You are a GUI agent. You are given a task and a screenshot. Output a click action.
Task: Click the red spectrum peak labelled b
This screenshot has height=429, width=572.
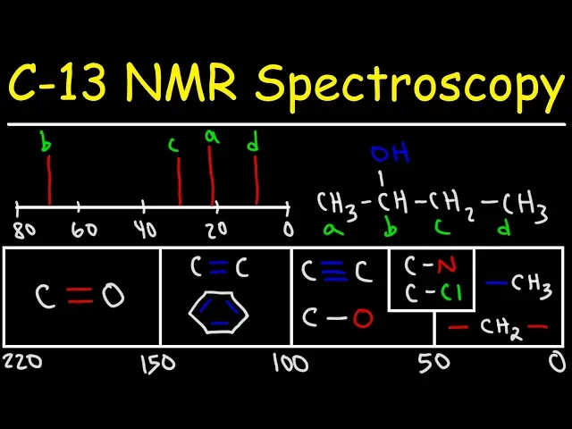(x=49, y=180)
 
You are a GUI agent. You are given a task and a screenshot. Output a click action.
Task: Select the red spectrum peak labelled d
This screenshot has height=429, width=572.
(x=256, y=180)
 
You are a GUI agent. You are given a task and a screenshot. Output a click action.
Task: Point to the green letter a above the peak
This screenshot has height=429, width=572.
(x=211, y=137)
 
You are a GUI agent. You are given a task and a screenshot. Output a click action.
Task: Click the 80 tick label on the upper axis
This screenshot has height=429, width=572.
(x=24, y=230)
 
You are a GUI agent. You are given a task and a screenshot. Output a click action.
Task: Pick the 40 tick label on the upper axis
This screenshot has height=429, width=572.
(x=146, y=230)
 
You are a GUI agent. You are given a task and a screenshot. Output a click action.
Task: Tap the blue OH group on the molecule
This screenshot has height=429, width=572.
(x=389, y=154)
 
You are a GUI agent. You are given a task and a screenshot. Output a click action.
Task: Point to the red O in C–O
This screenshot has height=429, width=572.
(x=361, y=317)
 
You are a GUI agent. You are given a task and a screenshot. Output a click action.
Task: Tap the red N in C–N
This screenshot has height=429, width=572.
(x=445, y=265)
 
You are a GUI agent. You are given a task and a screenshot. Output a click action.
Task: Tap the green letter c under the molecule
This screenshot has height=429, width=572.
(x=441, y=230)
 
